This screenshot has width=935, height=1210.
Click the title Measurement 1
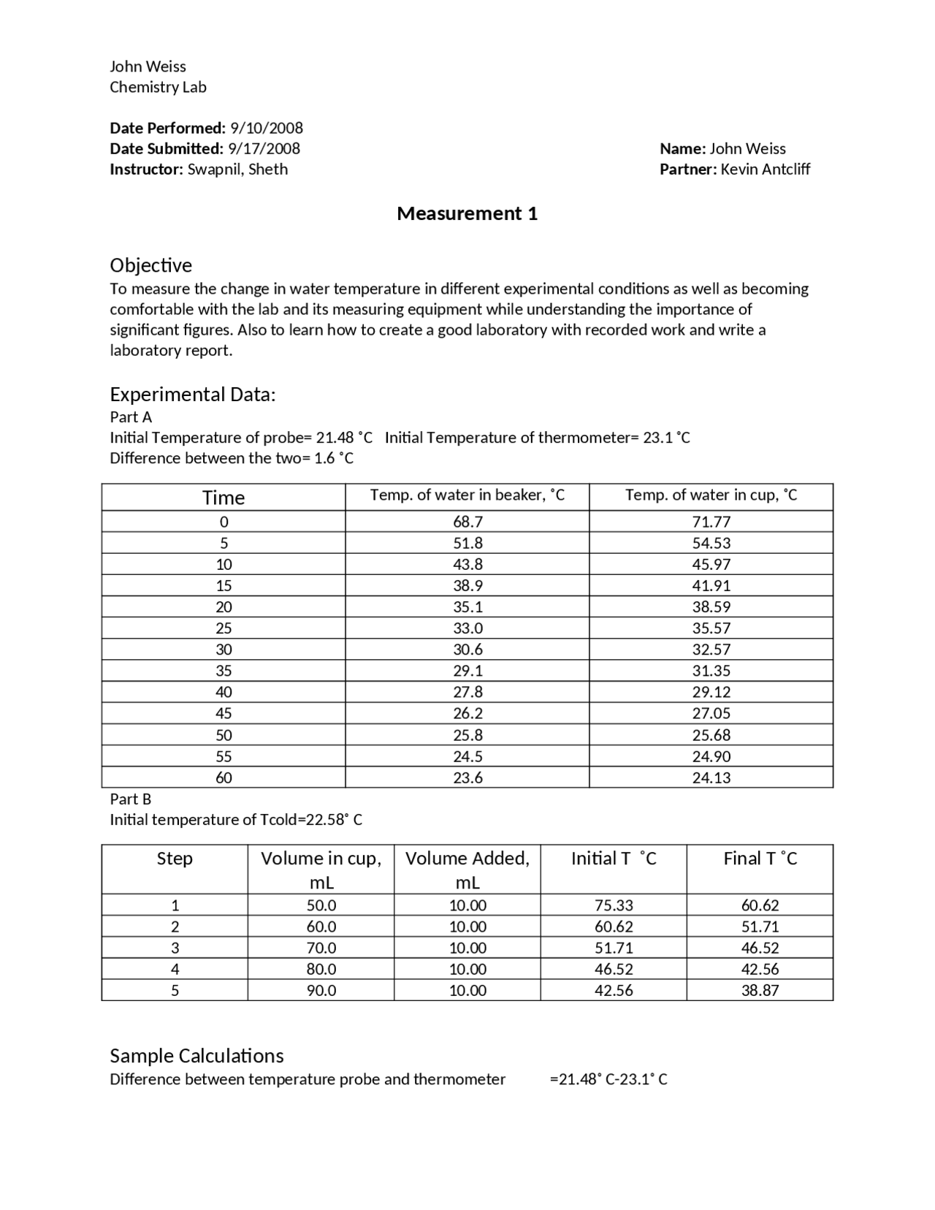click(x=467, y=213)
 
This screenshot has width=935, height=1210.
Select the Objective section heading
click(x=150, y=265)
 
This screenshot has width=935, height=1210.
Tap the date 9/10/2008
click(x=266, y=128)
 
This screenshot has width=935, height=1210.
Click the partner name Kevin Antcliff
click(x=765, y=169)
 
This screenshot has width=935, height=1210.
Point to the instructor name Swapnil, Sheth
click(x=237, y=169)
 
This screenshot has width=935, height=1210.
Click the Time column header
click(x=223, y=498)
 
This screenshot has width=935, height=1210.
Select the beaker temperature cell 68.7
click(x=467, y=522)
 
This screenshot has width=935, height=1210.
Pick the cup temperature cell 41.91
click(x=711, y=585)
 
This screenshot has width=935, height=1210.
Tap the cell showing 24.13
click(x=711, y=777)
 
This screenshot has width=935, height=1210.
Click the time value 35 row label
click(x=224, y=671)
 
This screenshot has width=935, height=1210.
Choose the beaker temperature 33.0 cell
click(x=467, y=628)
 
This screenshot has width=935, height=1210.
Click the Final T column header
click(x=760, y=859)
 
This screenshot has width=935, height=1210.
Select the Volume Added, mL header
click(x=467, y=870)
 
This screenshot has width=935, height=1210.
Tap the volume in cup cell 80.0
click(x=321, y=969)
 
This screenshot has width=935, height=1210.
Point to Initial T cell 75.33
click(x=614, y=905)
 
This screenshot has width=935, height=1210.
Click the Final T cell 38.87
click(x=760, y=990)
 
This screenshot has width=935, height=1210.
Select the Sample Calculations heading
click(x=196, y=1056)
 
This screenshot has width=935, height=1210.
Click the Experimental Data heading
click(x=193, y=395)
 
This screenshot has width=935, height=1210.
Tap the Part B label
click(x=130, y=799)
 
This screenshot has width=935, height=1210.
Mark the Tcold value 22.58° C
click(x=333, y=820)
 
